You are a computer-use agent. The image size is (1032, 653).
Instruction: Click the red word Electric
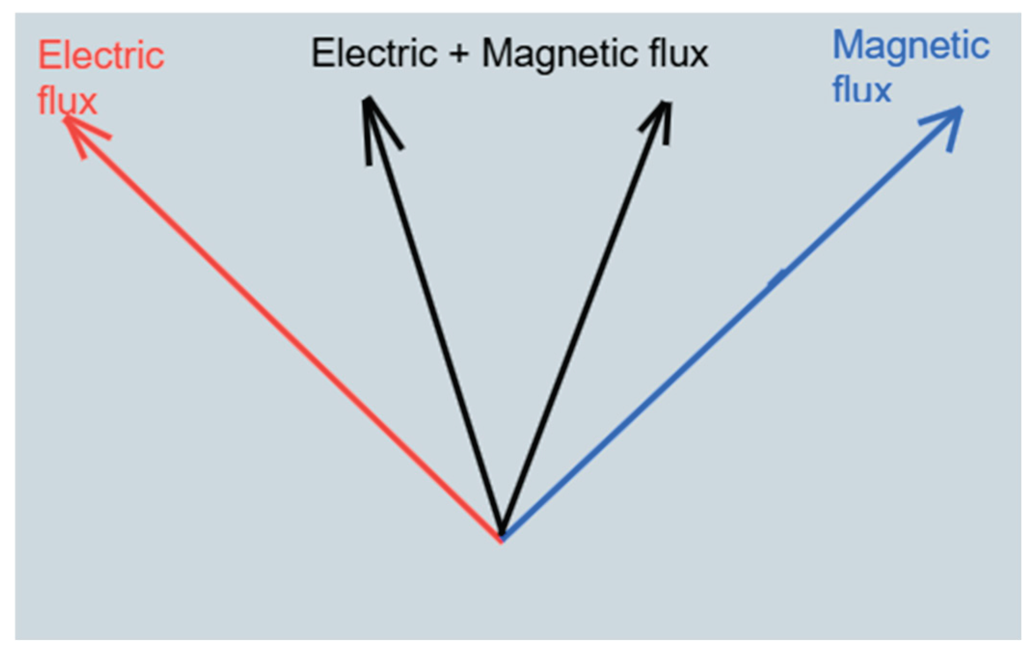click(101, 56)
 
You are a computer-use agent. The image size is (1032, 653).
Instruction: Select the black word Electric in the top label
click(374, 53)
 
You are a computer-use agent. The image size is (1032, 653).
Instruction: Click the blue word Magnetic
click(911, 46)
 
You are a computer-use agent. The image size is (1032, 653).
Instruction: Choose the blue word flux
click(862, 90)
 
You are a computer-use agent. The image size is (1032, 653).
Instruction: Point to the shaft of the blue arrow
click(723, 328)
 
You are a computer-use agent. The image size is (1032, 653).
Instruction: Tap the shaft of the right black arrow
click(583, 318)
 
